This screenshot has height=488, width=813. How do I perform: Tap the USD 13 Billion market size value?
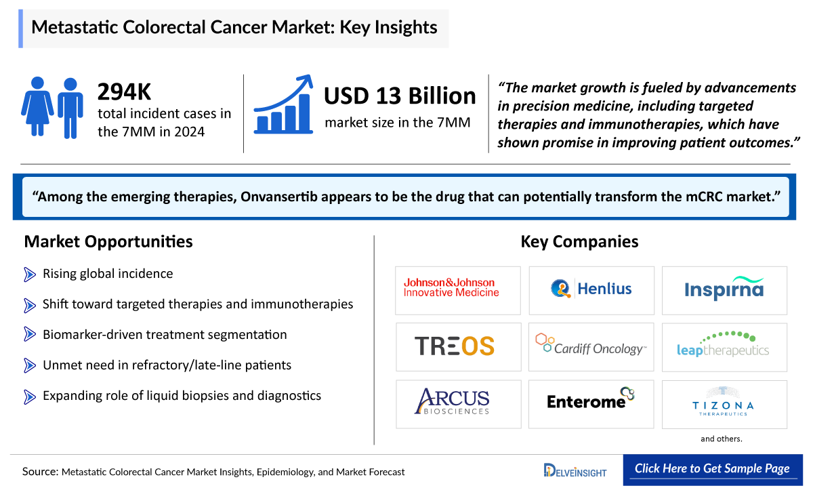tap(400, 96)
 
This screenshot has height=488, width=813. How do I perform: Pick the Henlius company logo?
tap(591, 289)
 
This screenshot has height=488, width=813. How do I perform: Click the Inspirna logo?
tap(724, 289)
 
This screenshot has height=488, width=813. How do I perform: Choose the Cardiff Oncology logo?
tap(591, 346)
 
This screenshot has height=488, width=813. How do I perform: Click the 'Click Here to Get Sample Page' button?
tap(712, 469)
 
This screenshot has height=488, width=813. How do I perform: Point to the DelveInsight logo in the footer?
tap(576, 470)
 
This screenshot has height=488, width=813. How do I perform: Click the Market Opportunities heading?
tap(108, 241)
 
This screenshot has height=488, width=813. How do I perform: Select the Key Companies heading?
tap(579, 241)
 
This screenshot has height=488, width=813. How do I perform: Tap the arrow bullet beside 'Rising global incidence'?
tap(30, 274)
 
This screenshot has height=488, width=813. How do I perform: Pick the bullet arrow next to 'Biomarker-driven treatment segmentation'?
tap(30, 335)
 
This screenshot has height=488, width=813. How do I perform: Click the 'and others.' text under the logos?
tap(722, 439)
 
